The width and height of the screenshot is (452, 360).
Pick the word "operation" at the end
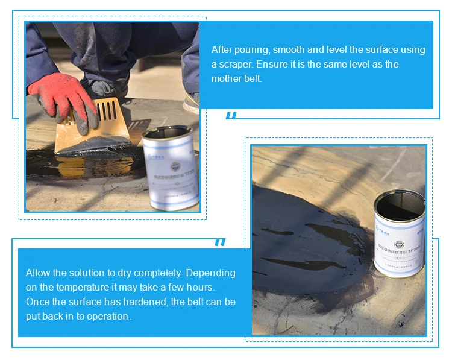pos(108,316)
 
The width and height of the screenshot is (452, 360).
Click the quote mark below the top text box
pos(231,115)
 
